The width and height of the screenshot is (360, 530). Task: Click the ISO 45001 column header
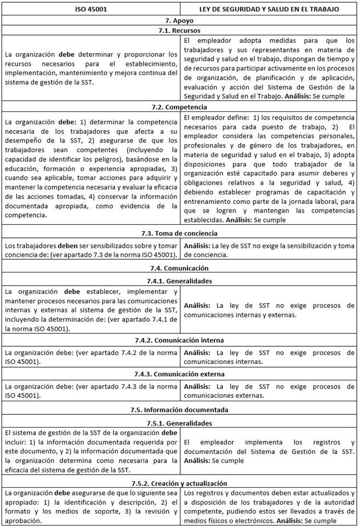(x=91, y=9)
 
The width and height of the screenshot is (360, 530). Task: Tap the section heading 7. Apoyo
(x=180, y=20)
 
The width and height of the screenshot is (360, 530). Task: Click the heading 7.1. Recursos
(x=180, y=31)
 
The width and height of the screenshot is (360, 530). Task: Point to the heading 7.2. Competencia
(x=180, y=107)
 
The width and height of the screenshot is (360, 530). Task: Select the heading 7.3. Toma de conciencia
(x=180, y=234)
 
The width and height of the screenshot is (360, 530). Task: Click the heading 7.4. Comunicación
(x=180, y=269)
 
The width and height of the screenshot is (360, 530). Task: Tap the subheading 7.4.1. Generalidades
(x=180, y=281)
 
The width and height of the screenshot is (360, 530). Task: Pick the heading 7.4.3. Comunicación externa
(x=180, y=374)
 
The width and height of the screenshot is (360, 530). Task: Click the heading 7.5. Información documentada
(x=180, y=409)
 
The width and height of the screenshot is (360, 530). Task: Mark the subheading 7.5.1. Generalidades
(x=180, y=423)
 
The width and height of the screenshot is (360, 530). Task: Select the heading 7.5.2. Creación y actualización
(x=180, y=483)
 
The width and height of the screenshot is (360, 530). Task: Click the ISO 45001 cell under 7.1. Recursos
(x=91, y=68)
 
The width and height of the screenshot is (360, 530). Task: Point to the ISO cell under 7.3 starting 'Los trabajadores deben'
(x=91, y=250)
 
